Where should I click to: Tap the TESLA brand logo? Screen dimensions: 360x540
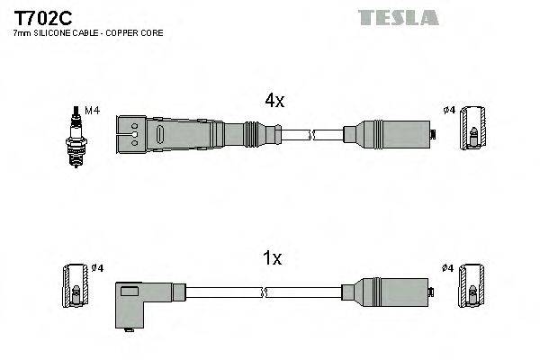point(398,17)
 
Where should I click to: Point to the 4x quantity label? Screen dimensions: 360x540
point(274,102)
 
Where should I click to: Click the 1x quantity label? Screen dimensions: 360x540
point(273,259)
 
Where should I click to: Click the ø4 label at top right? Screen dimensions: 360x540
point(449,112)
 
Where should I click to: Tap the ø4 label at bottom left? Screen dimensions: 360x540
point(97,268)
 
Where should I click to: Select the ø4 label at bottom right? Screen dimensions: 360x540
point(449,268)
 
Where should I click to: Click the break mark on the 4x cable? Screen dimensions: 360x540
point(310,136)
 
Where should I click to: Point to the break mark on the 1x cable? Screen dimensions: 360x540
point(264,292)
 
